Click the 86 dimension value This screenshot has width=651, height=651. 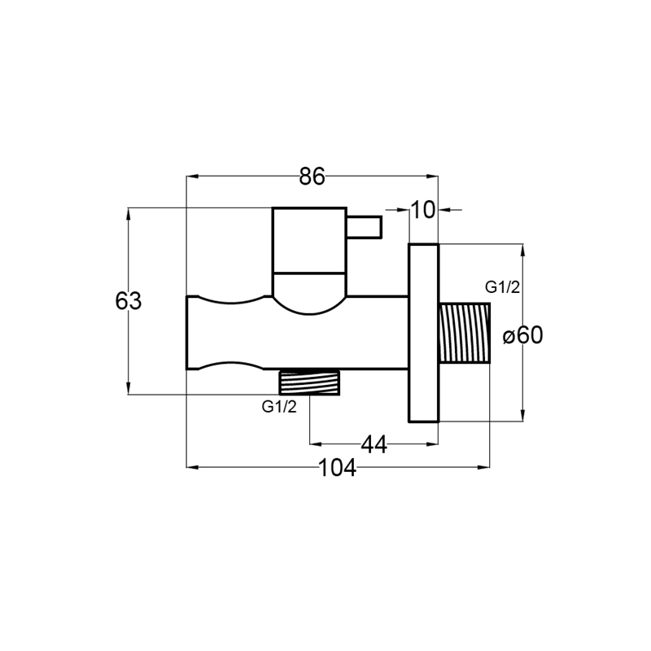click(x=312, y=177)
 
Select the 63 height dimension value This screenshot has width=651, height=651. click(x=129, y=301)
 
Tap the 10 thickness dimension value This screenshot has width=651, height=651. click(x=423, y=210)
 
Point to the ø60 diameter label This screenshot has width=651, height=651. click(x=522, y=335)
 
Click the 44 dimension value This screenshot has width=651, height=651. click(x=374, y=444)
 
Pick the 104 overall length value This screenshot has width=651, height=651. click(x=337, y=469)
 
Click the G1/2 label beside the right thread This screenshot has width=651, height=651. click(x=502, y=287)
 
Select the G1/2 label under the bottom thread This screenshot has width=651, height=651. click(x=279, y=407)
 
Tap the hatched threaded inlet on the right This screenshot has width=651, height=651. click(x=464, y=334)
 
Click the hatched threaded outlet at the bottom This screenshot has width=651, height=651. click(x=309, y=382)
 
